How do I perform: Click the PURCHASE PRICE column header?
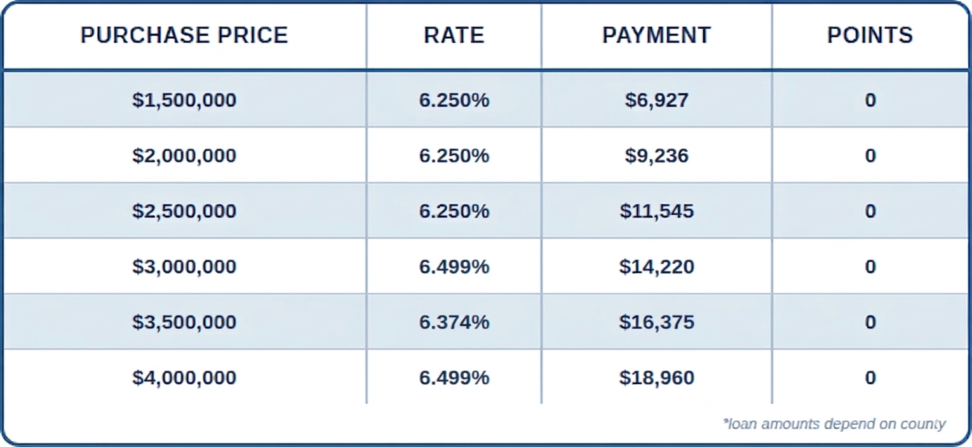[184, 36]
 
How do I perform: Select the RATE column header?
[454, 36]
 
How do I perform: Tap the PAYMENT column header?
[656, 36]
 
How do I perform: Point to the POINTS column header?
[870, 36]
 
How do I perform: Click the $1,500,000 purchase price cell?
[184, 100]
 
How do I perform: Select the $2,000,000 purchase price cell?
[184, 156]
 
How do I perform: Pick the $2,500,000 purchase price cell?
[184, 211]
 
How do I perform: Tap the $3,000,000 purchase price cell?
[184, 267]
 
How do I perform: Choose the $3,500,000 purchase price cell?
[184, 323]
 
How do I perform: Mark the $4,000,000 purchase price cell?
[184, 378]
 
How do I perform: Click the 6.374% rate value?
[454, 323]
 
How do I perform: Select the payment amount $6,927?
[656, 100]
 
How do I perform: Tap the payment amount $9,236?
[656, 156]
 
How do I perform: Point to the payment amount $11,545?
[656, 211]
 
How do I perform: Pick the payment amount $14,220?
[656, 267]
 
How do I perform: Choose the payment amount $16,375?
[656, 323]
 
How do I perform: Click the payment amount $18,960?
[656, 378]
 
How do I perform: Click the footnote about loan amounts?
[834, 424]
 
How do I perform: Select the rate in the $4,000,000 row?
[454, 378]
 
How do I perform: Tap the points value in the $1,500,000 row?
[870, 100]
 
